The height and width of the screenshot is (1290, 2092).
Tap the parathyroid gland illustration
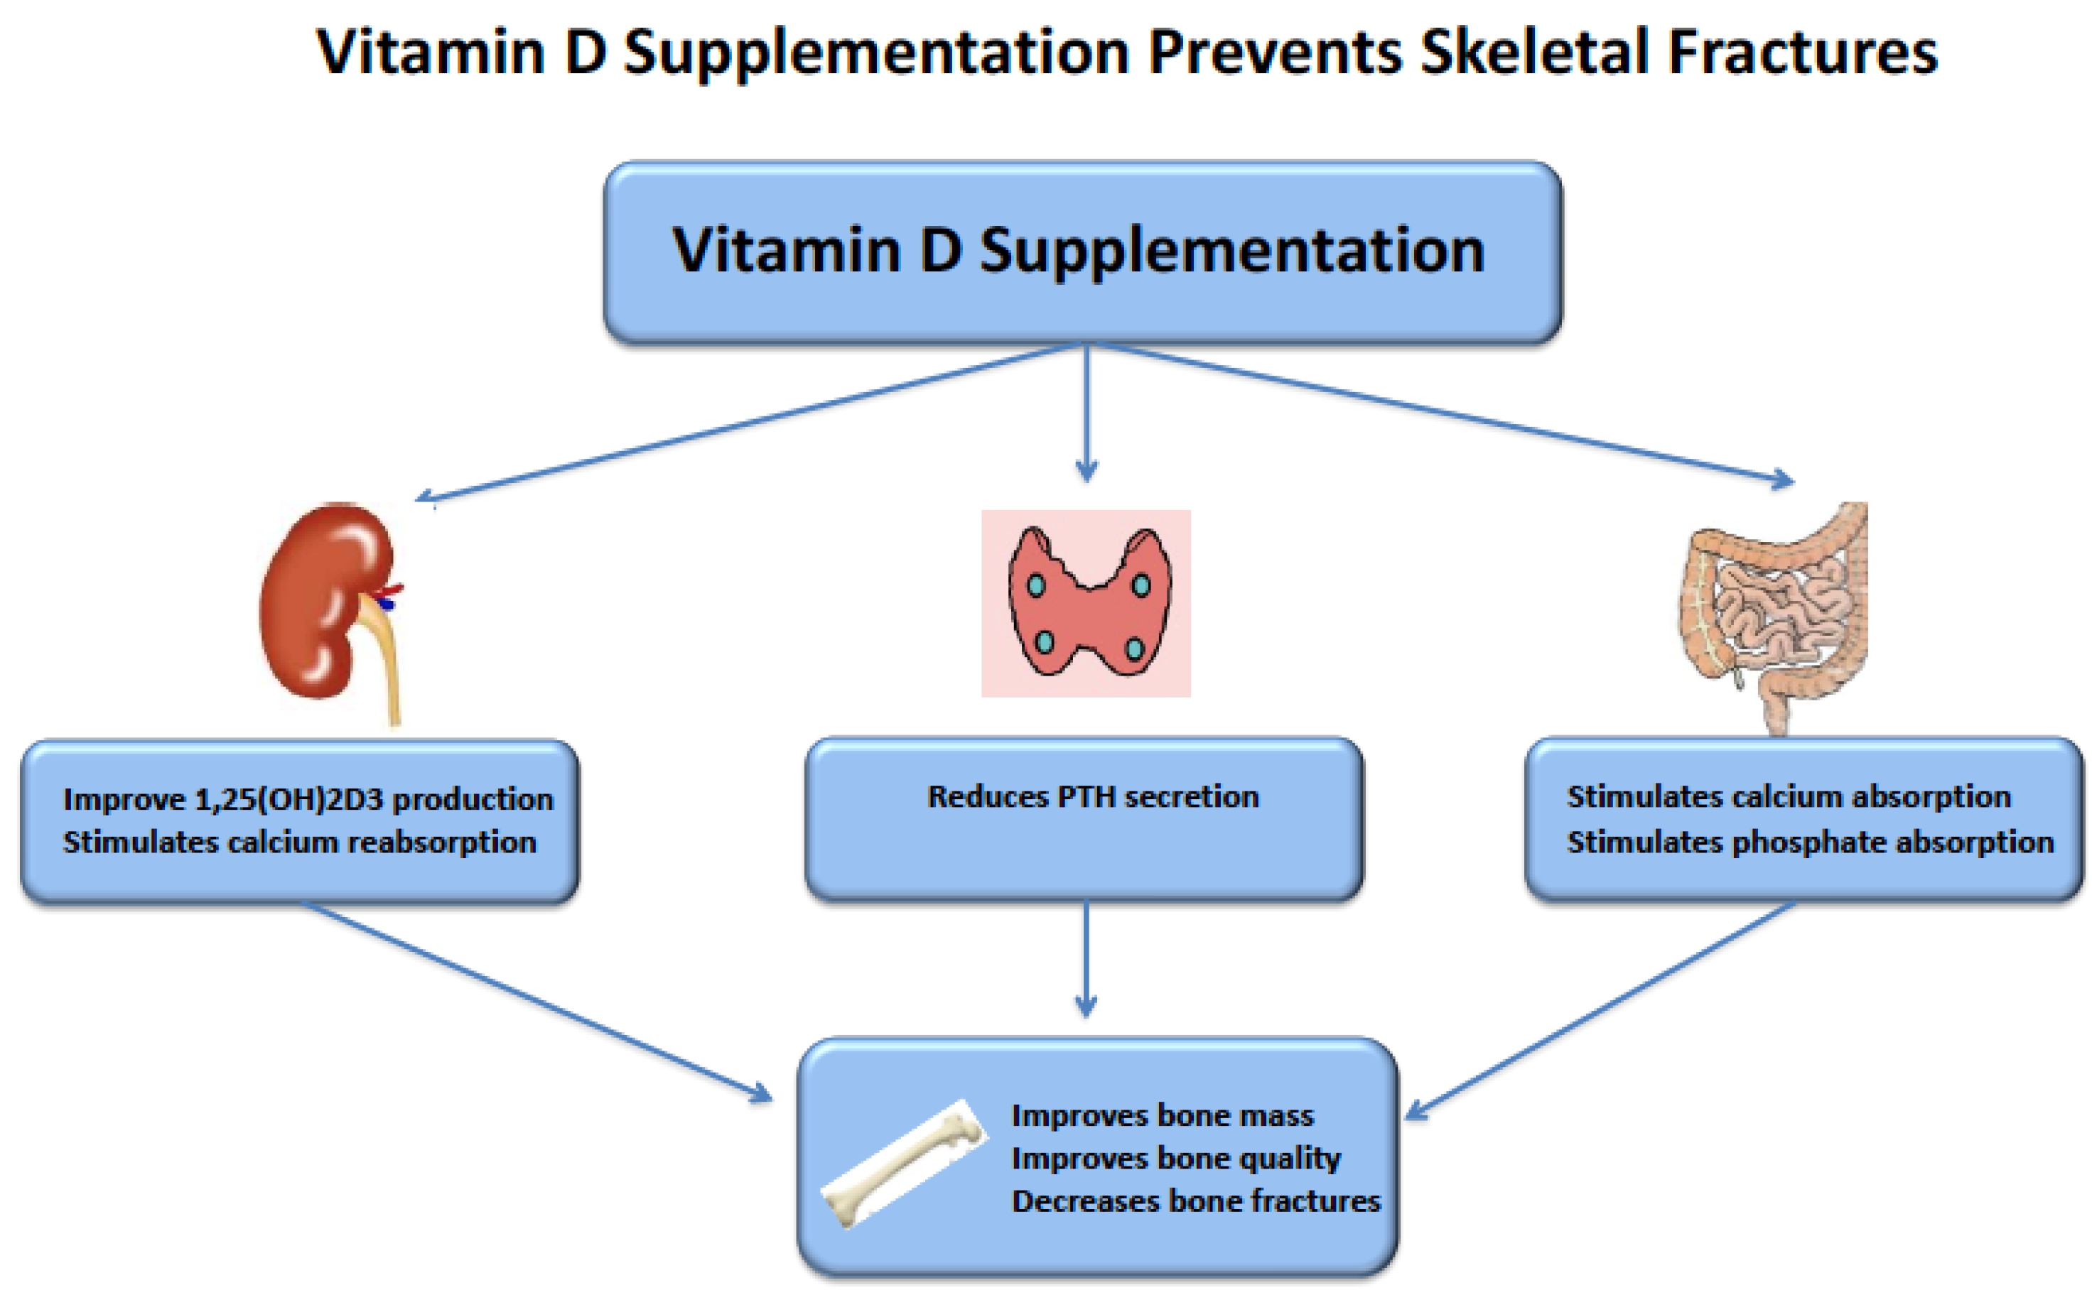[x=1086, y=603]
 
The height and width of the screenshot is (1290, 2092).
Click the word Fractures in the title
[x=1803, y=53]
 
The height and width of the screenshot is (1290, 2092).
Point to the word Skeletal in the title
[x=1533, y=53]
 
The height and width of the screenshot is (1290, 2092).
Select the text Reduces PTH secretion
[x=1092, y=797]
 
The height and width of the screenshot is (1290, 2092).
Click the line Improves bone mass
[x=1163, y=1115]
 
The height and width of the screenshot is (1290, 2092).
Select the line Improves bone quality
[x=1176, y=1158]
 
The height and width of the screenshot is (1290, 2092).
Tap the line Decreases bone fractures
[x=1196, y=1200]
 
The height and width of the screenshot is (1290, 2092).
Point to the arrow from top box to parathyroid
[x=1086, y=410]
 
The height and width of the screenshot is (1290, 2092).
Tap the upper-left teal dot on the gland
[x=1036, y=585]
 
